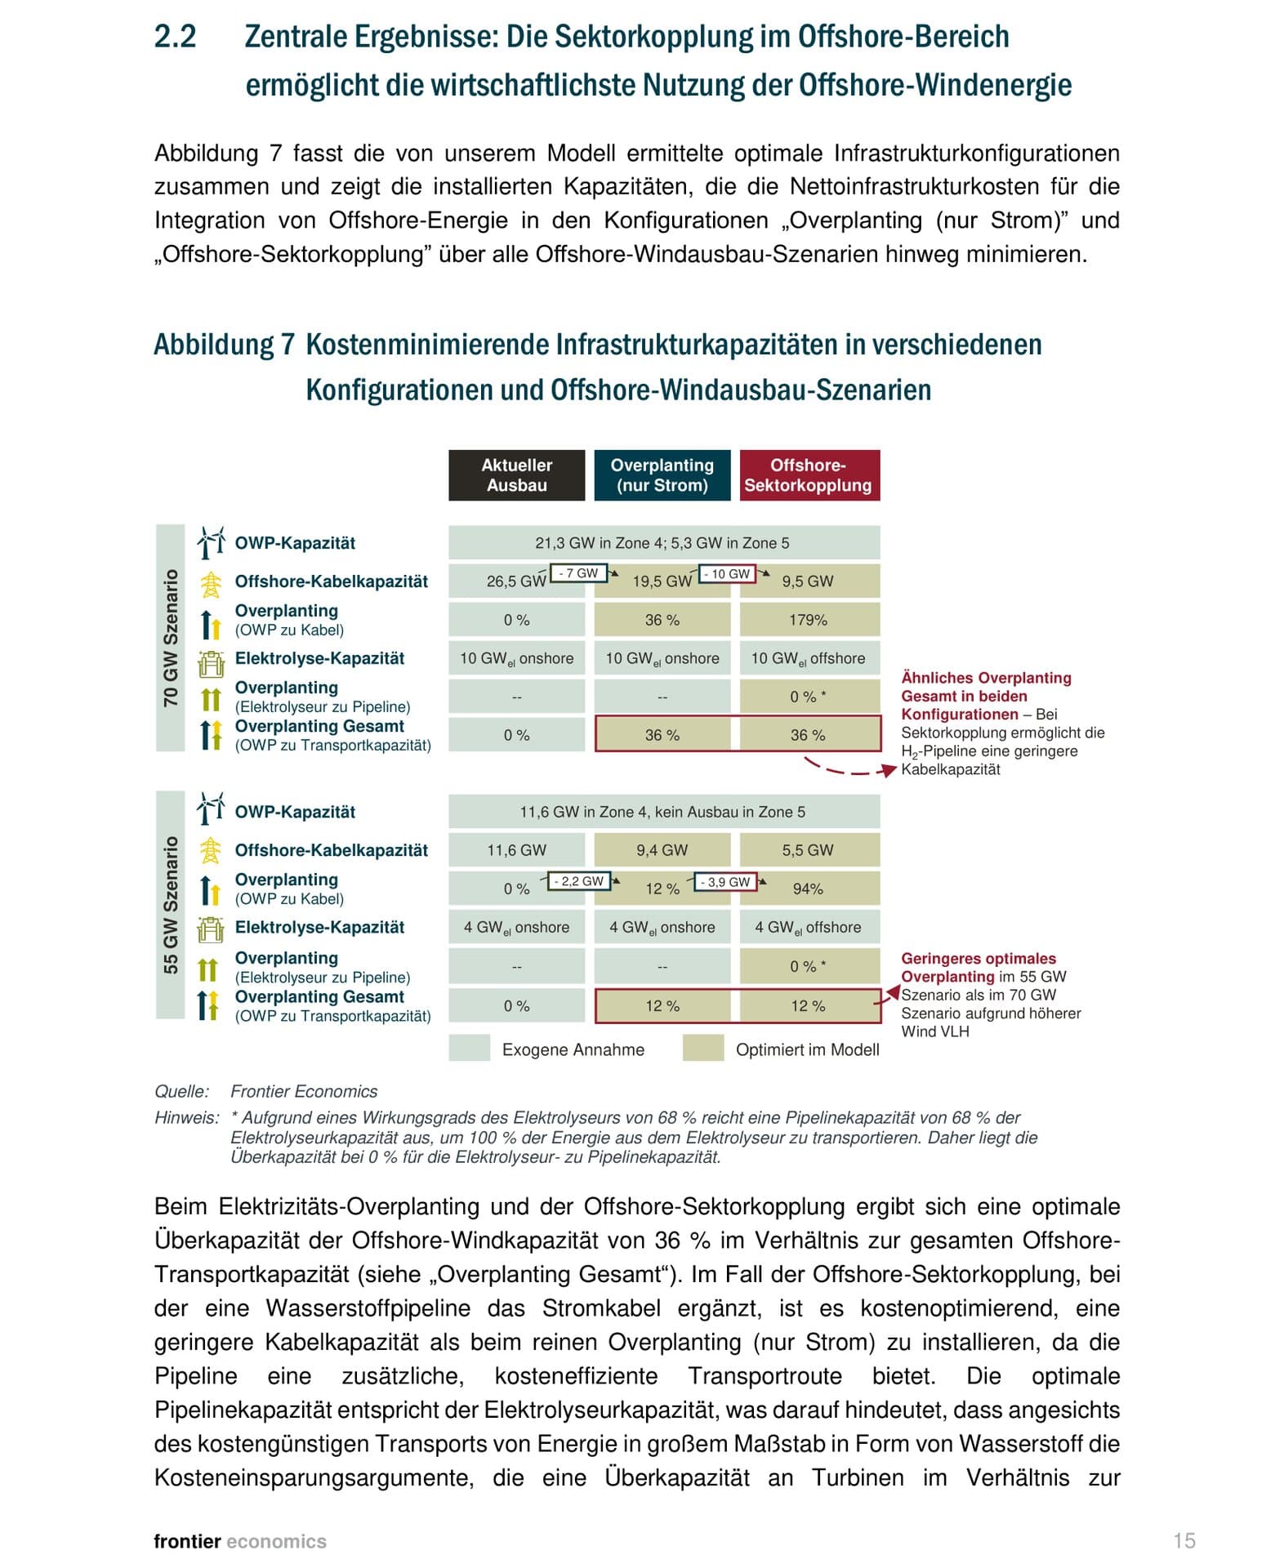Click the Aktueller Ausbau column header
(x=516, y=474)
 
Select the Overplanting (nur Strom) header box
(x=662, y=474)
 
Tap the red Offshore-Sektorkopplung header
(x=809, y=474)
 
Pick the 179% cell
(x=809, y=620)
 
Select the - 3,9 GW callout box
(x=724, y=882)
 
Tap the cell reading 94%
(x=809, y=889)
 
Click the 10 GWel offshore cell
(x=809, y=658)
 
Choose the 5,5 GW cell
(x=809, y=850)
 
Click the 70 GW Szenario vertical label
(x=170, y=638)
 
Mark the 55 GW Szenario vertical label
(x=170, y=905)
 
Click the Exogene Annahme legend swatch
(x=469, y=1048)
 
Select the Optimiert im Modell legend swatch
(x=703, y=1048)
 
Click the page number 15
(x=1184, y=1541)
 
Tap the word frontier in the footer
(x=187, y=1541)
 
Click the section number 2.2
(x=176, y=38)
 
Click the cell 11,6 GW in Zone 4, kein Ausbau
(x=662, y=812)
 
